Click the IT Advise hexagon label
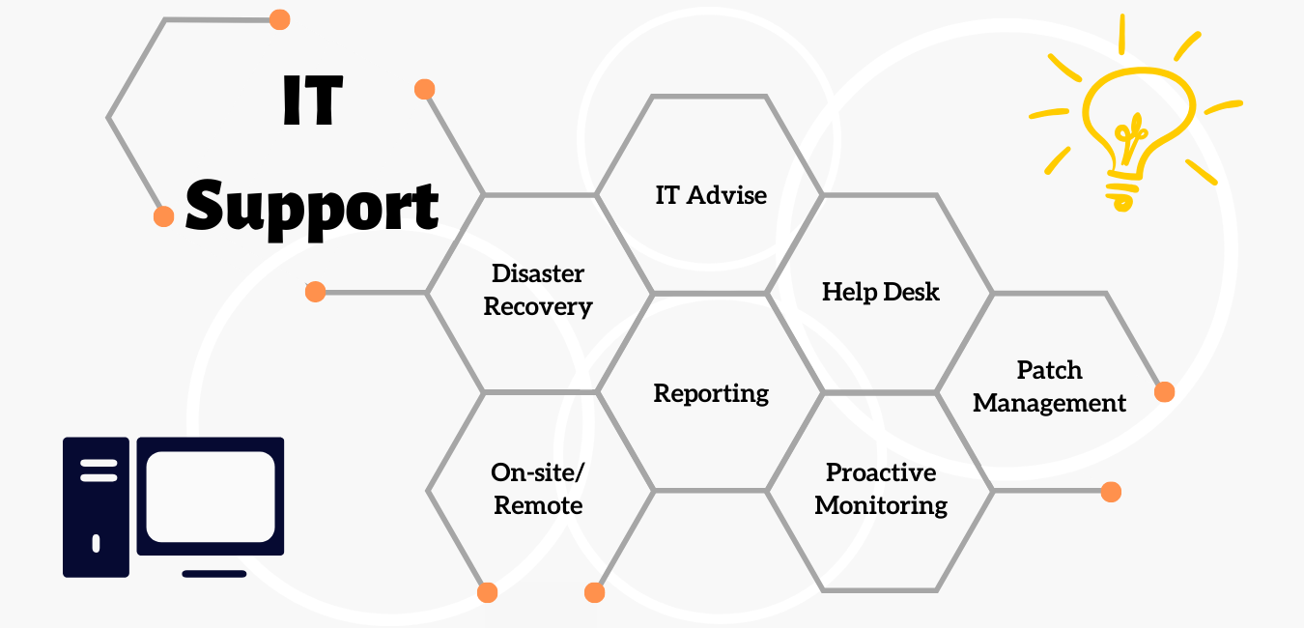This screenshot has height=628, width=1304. pyautogui.click(x=711, y=195)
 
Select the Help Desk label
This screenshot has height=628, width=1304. pyautogui.click(x=880, y=292)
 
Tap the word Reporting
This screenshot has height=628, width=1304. pyautogui.click(x=711, y=394)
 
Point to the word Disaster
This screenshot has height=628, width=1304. pyautogui.click(x=538, y=273)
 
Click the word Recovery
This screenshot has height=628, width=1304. pyautogui.click(x=538, y=306)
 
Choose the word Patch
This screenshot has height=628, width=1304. pyautogui.click(x=1050, y=370)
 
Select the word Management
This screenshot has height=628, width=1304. pyautogui.click(x=1050, y=403)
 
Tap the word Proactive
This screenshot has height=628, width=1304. pyautogui.click(x=881, y=472)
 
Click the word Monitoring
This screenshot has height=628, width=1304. pyautogui.click(x=881, y=505)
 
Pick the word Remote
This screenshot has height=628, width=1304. pyautogui.click(x=538, y=505)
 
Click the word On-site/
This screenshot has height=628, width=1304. pyautogui.click(x=537, y=473)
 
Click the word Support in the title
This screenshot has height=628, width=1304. pyautogui.click(x=312, y=209)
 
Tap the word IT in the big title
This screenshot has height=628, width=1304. pyautogui.click(x=313, y=100)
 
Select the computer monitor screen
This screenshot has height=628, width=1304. pyautogui.click(x=211, y=497)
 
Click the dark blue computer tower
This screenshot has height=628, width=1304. pyautogui.click(x=96, y=507)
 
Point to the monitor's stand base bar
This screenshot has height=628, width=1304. pyautogui.click(x=214, y=574)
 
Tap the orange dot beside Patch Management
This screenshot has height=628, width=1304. pyautogui.click(x=1164, y=391)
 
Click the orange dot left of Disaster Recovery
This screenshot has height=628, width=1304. pyautogui.click(x=316, y=292)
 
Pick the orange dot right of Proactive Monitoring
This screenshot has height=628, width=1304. pyautogui.click(x=1112, y=492)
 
